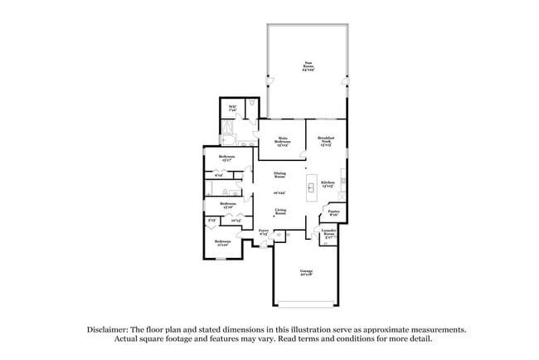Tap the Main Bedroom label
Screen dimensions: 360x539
(282, 139)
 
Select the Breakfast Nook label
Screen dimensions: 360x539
(326, 139)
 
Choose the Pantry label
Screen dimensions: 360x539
(333, 212)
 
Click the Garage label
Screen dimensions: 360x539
(305, 270)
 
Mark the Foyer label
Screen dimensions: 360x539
(263, 231)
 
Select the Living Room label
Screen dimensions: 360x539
(280, 212)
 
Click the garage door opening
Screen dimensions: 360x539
(305, 303)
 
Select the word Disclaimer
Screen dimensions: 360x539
(116, 329)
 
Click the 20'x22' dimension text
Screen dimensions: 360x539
(280, 193)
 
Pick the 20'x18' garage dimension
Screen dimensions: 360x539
(305, 274)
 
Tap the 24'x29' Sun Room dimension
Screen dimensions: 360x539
(306, 70)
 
